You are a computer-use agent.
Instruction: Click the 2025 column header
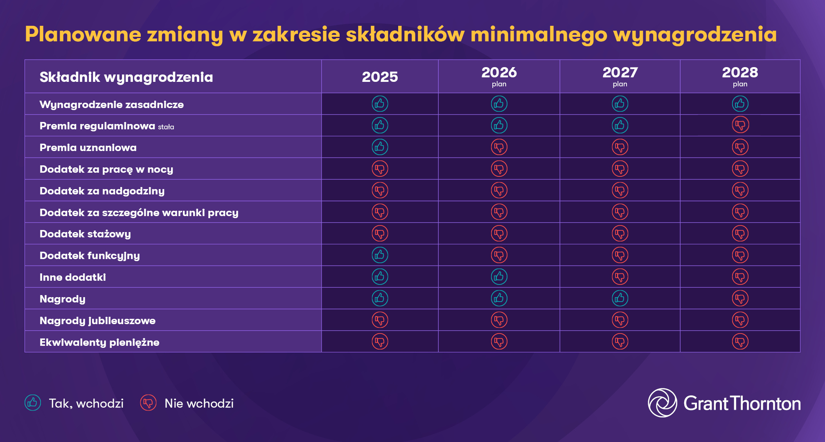pyautogui.click(x=380, y=77)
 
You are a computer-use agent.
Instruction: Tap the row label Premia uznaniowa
pyautogui.click(x=88, y=148)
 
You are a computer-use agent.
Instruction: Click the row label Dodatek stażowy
pyautogui.click(x=85, y=234)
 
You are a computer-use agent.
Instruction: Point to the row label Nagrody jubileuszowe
pyautogui.click(x=97, y=320)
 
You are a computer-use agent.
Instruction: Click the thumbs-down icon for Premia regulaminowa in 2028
pyautogui.click(x=740, y=125)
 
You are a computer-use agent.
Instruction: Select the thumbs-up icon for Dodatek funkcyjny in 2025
pyautogui.click(x=380, y=255)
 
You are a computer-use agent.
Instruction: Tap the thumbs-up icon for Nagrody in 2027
pyautogui.click(x=620, y=298)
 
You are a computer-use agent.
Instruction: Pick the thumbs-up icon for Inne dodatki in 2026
pyautogui.click(x=499, y=277)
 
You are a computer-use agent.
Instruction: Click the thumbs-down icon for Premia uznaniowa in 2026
pyautogui.click(x=499, y=147)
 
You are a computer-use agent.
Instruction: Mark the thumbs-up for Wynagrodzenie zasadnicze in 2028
pyautogui.click(x=740, y=104)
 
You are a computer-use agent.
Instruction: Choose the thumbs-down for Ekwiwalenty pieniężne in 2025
pyautogui.click(x=380, y=341)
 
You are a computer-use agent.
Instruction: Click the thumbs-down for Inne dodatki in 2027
pyautogui.click(x=620, y=277)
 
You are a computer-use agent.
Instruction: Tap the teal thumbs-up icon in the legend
pyautogui.click(x=33, y=403)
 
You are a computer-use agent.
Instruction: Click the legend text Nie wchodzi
pyautogui.click(x=199, y=404)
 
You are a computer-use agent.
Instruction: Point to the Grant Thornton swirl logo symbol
pyautogui.click(x=662, y=403)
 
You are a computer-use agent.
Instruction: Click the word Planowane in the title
pyautogui.click(x=83, y=34)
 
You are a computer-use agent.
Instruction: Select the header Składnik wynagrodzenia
pyautogui.click(x=126, y=77)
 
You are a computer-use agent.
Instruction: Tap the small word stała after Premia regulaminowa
pyautogui.click(x=166, y=127)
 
